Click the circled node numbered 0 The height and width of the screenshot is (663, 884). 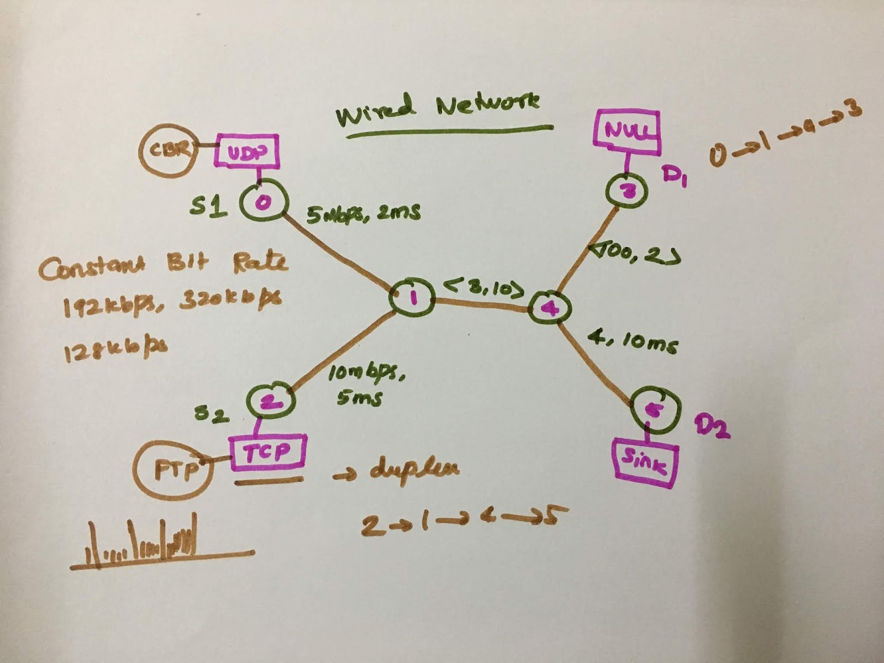pyautogui.click(x=263, y=202)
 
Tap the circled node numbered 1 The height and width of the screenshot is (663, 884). pyautogui.click(x=412, y=299)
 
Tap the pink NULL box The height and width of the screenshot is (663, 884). pyautogui.click(x=627, y=131)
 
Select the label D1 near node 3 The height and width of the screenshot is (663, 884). pyautogui.click(x=675, y=177)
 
